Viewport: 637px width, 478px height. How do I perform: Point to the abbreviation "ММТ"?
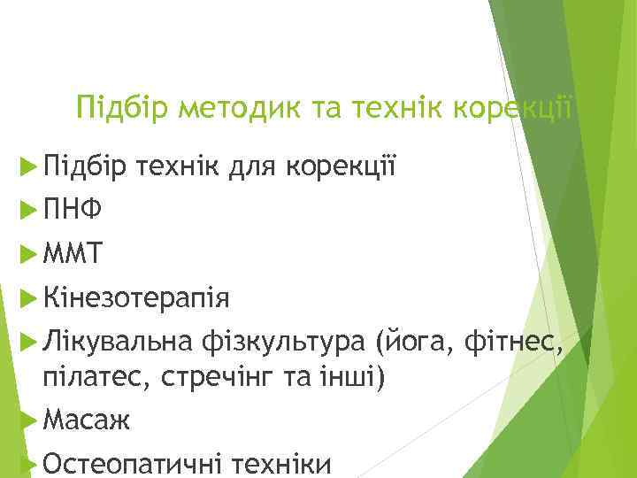(72, 255)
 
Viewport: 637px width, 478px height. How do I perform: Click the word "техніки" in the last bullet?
(284, 462)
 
